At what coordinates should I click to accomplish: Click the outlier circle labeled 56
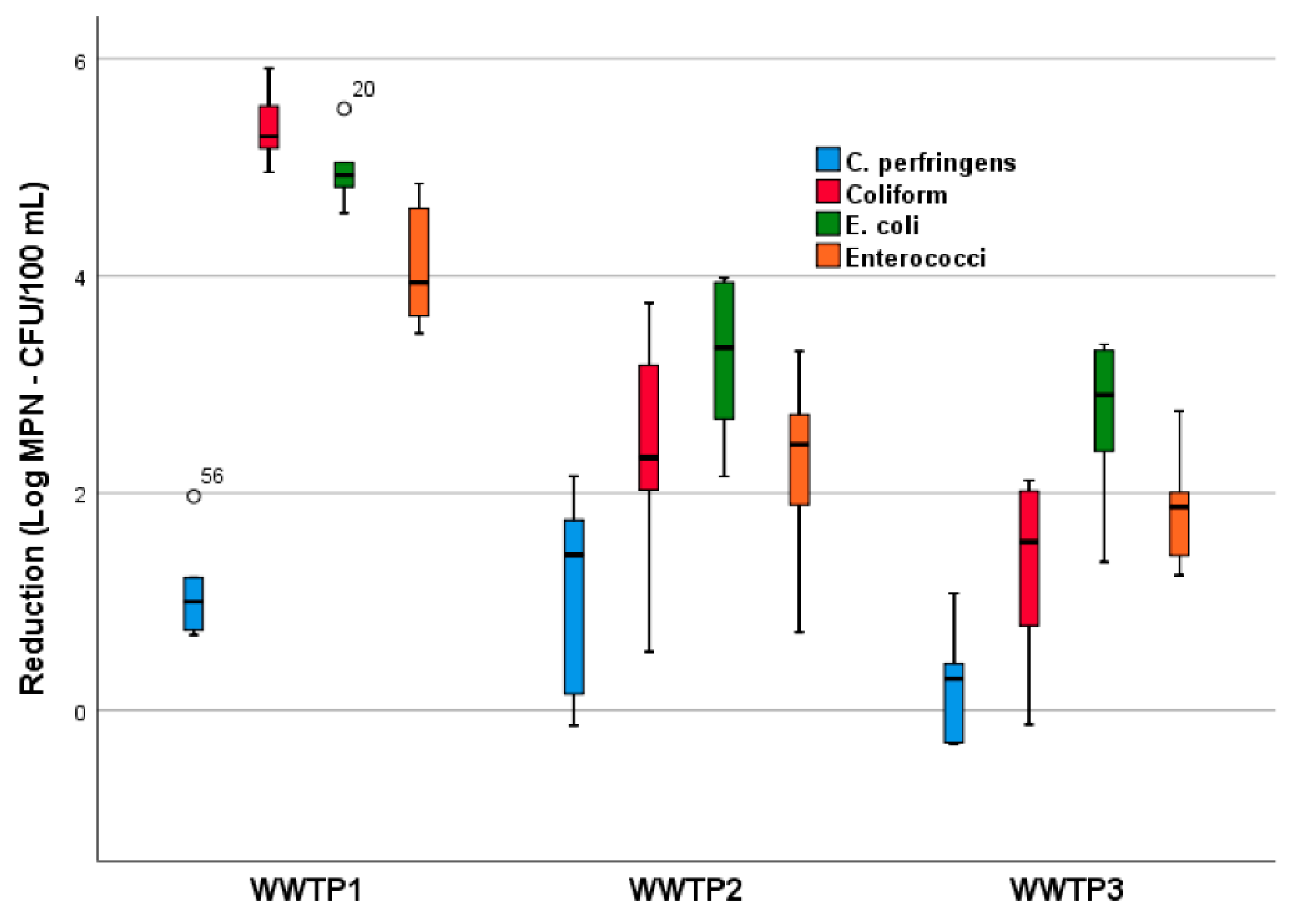point(194,497)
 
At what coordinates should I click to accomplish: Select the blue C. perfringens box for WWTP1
point(193,604)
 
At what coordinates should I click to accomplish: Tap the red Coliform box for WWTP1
point(269,127)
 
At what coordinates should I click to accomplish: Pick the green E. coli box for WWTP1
point(344,175)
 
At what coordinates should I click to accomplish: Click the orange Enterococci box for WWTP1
point(419,262)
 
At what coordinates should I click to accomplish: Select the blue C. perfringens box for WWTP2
point(574,607)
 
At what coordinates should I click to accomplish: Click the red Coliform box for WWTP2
point(649,428)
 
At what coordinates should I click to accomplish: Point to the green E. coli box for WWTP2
point(724,350)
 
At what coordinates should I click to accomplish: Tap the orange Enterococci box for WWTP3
point(1180,524)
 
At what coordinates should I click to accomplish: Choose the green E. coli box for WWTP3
point(1104,401)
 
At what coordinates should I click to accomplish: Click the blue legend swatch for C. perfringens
point(828,159)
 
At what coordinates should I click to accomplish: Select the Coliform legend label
point(897,195)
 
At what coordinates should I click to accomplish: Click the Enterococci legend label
point(915,258)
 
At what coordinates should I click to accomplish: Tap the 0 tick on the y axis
point(80,712)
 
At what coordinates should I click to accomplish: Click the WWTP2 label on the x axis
point(686,889)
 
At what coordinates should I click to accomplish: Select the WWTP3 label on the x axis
point(1067,889)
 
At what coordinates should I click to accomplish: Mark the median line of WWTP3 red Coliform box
point(1029,542)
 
